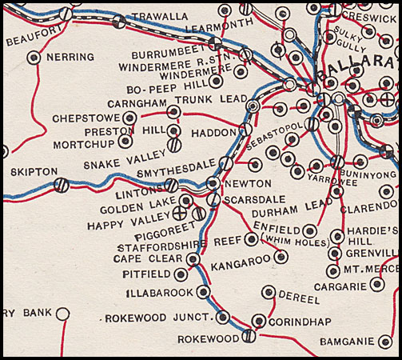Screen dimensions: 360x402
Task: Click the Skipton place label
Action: tap(34, 171)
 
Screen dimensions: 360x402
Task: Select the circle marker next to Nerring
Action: tap(33, 58)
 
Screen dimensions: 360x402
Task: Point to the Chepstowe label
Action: tap(84, 118)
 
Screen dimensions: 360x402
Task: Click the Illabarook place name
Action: tap(160, 292)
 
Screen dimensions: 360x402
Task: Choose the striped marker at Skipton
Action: tap(60, 185)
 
